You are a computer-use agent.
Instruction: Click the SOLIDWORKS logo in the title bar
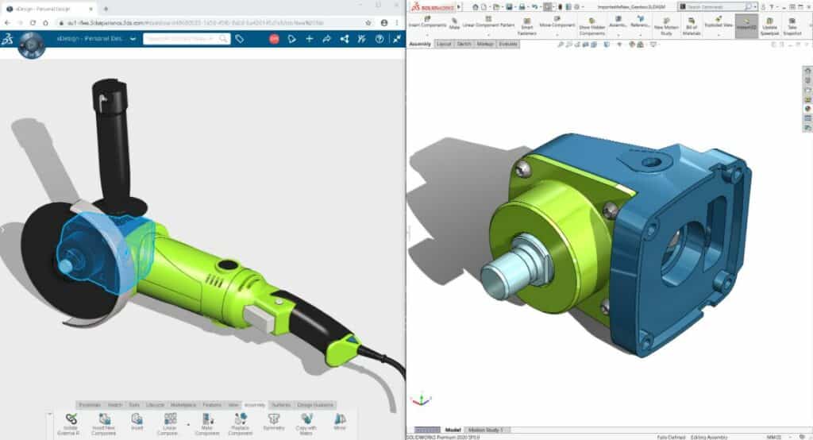433,6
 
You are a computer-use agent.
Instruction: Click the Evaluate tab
508,44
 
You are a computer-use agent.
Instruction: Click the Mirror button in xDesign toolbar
340,421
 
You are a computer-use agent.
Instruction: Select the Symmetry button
273,421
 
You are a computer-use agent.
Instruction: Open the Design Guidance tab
316,404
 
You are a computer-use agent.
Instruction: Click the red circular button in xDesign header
274,39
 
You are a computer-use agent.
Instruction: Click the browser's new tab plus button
106,9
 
